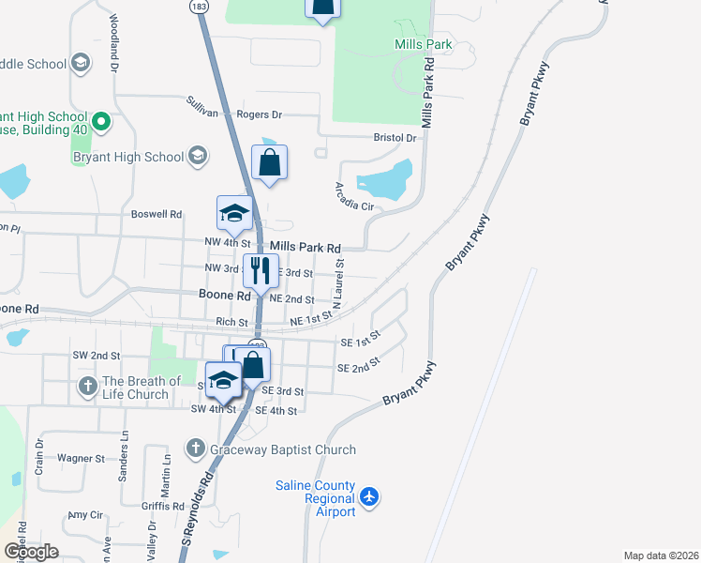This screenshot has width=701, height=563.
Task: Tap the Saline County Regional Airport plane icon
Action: coord(370,495)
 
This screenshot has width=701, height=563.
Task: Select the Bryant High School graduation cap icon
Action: coord(198,156)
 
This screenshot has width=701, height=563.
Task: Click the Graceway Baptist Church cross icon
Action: coord(195,449)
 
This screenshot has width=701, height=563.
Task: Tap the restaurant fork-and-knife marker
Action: coord(261,270)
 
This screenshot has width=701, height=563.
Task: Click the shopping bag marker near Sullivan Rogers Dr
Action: coord(270,162)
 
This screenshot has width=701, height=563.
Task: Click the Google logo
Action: coord(30,552)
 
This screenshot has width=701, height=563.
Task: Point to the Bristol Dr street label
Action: coord(395,137)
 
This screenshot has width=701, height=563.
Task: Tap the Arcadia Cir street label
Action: coord(354,196)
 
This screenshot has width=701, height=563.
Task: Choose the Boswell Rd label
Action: coord(156,214)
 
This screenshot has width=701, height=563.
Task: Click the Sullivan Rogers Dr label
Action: coord(233,109)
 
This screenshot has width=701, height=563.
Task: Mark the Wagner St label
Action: coord(81,459)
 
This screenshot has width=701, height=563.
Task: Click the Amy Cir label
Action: coord(83,515)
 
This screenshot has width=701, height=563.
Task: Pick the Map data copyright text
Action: coord(660,555)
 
